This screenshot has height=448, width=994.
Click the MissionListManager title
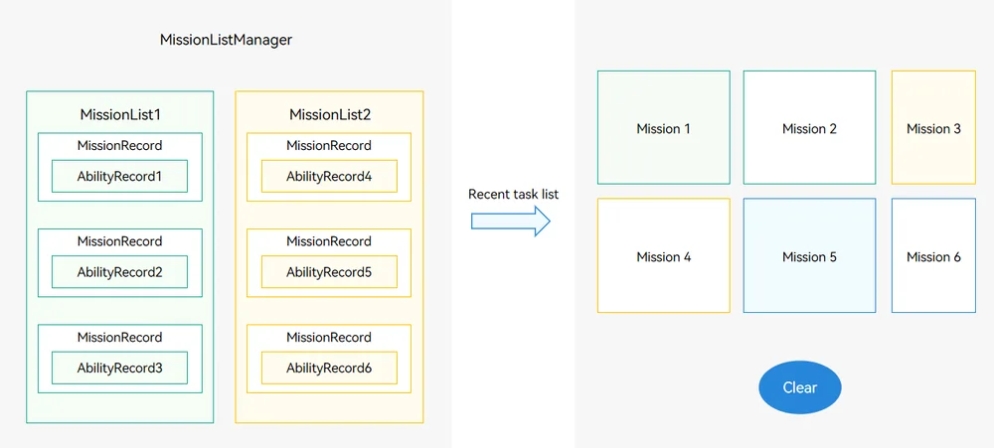click(x=226, y=40)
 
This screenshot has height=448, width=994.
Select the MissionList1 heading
click(x=120, y=114)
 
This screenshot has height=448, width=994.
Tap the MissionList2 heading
click(x=330, y=114)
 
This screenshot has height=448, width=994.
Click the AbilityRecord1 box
click(x=120, y=176)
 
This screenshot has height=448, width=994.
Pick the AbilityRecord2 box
click(x=120, y=272)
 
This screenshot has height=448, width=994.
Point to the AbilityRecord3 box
click(x=120, y=368)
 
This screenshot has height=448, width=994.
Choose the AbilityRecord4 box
click(x=329, y=176)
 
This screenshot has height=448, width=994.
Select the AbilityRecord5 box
click(x=329, y=272)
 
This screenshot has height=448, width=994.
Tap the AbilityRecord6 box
click(x=329, y=368)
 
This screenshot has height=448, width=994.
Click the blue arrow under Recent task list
click(x=511, y=222)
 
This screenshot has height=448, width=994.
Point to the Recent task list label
click(x=514, y=194)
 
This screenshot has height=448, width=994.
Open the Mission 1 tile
click(x=664, y=127)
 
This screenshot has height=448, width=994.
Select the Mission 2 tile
click(x=809, y=127)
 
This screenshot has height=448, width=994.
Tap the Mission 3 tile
click(x=933, y=127)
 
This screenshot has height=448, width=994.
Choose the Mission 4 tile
click(x=664, y=255)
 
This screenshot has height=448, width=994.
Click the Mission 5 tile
click(x=809, y=255)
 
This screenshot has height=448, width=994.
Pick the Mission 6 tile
click(x=933, y=255)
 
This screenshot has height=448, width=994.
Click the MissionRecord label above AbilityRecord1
click(x=120, y=146)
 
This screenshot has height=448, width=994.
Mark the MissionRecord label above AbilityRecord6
click(x=329, y=337)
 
